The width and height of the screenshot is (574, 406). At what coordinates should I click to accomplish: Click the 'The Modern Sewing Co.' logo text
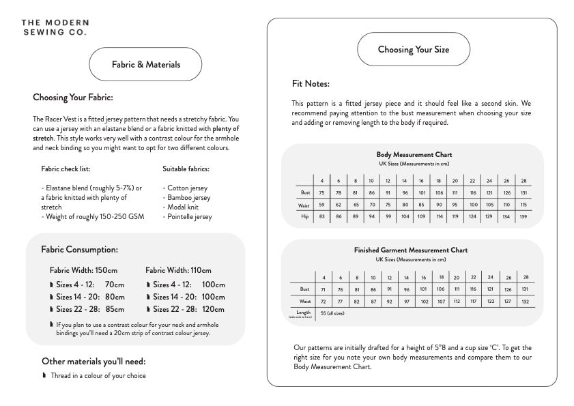[54, 27]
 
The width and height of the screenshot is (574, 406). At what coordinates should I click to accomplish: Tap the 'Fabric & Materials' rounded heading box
[146, 65]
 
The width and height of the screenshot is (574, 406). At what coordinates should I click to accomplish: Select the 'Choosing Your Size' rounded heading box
[414, 49]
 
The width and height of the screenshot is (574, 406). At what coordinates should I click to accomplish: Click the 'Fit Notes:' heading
[311, 84]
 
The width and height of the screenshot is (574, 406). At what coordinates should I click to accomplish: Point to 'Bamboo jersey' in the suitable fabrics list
[186, 198]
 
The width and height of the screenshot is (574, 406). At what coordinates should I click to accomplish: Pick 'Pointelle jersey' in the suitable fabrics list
[188, 217]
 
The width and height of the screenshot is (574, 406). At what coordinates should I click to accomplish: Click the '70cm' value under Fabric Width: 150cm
[115, 285]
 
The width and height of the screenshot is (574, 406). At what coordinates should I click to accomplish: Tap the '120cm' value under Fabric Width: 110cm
[214, 309]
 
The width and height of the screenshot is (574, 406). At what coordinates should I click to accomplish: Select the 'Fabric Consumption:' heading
[79, 250]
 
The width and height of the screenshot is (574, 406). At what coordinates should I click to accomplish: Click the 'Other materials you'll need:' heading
[94, 361]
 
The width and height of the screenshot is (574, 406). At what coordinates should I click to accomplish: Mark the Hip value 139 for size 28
[523, 216]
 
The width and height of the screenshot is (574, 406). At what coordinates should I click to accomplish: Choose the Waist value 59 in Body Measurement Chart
[321, 205]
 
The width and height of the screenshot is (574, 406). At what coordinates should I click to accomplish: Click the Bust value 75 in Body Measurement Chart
[321, 193]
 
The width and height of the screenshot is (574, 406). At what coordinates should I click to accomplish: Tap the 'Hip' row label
[305, 216]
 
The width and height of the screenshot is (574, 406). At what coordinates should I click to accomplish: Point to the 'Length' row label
[303, 313]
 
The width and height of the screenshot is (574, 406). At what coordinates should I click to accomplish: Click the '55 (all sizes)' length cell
[332, 313]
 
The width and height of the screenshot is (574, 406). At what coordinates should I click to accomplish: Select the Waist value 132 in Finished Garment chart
[524, 301]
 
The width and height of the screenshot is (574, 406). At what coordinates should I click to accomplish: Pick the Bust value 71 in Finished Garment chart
[322, 289]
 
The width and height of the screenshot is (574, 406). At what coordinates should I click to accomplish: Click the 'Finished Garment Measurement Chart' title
[411, 250]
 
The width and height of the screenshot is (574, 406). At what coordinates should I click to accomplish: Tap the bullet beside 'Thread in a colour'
[44, 375]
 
